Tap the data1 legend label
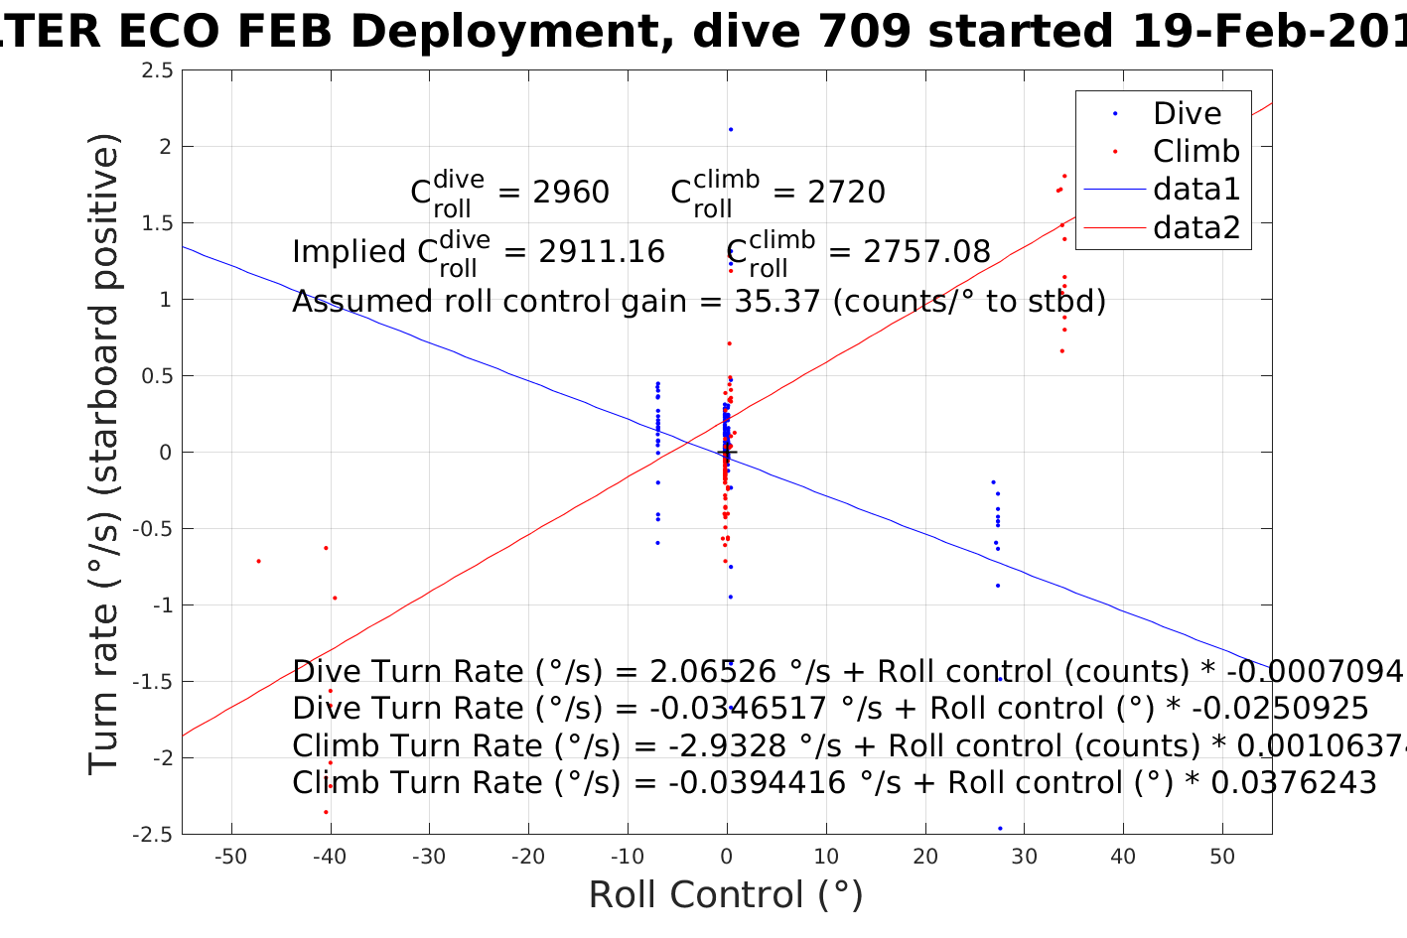pyautogui.click(x=1196, y=190)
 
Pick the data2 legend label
pyautogui.click(x=1196, y=227)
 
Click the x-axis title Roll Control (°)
pyautogui.click(x=726, y=894)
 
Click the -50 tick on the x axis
pyautogui.click(x=230, y=857)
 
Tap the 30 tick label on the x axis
pyautogui.click(x=1024, y=857)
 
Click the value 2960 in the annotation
pyautogui.click(x=571, y=192)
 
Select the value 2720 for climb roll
pyautogui.click(x=846, y=192)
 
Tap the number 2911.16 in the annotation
pyautogui.click(x=602, y=252)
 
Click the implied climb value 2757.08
pyautogui.click(x=927, y=252)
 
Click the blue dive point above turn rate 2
pyautogui.click(x=731, y=129)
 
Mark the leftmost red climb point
pyautogui.click(x=258, y=561)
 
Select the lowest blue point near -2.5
pyautogui.click(x=1000, y=828)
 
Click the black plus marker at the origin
pyautogui.click(x=727, y=453)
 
